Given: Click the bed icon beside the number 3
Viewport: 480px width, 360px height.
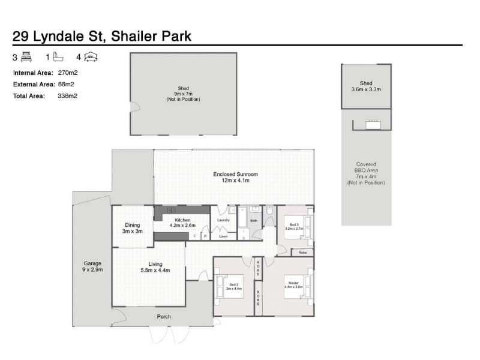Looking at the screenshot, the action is coord(26,57).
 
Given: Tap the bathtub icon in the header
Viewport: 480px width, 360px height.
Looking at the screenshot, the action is coord(58,56).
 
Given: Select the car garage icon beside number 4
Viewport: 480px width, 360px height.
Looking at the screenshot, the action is coord(91,57).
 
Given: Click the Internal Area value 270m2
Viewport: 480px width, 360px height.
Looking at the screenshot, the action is coord(68,73).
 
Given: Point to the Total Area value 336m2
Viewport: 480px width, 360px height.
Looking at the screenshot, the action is coord(67,96).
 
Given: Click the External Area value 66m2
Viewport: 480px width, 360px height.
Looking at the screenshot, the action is coord(66,84).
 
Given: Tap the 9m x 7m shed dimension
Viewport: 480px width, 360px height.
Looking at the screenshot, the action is coord(183,94).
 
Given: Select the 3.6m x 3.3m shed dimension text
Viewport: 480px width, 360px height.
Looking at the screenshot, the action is coord(366,89).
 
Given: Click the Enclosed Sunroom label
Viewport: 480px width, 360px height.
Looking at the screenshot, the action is coord(235,174).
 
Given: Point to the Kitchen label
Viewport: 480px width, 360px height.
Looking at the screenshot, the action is coord(182,220).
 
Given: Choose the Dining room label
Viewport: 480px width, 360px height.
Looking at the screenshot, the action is coord(132,225).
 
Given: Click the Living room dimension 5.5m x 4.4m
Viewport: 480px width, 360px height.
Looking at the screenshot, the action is coord(155,271).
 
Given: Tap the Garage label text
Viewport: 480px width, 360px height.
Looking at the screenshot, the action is coord(92,263).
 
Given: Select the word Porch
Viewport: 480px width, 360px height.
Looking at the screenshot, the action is coord(164,317).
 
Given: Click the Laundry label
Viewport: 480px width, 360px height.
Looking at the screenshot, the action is coord(223,220).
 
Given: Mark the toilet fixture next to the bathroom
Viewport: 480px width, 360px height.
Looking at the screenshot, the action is coord(269,211).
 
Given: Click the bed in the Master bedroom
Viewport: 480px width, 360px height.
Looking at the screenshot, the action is coord(298,287).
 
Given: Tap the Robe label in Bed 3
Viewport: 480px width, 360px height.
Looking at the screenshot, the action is coord(302,253).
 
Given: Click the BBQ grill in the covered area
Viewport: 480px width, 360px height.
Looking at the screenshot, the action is coord(373,125).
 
